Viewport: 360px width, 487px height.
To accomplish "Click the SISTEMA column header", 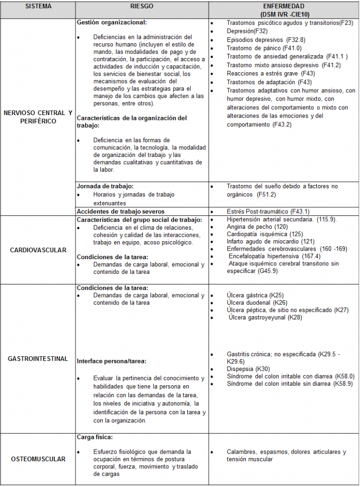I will [38, 7].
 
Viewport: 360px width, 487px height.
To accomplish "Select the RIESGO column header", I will [141, 7].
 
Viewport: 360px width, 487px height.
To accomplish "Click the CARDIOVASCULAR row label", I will [38, 250].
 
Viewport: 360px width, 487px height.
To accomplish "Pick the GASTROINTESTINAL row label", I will [38, 359].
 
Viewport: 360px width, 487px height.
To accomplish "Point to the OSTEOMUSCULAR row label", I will [38, 459].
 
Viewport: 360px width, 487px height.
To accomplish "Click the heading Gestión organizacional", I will [112, 22].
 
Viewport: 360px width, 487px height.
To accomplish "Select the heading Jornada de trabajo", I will [105, 186].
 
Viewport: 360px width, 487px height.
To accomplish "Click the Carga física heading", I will [95, 437].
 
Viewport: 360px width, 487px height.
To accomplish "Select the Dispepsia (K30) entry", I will [248, 369].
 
